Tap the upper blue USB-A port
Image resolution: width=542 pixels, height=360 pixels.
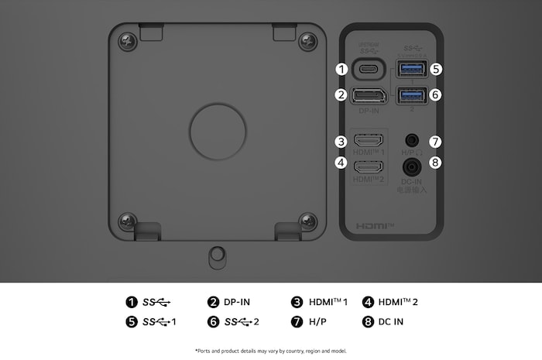tap(410, 69)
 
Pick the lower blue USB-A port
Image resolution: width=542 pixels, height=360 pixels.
tap(410, 95)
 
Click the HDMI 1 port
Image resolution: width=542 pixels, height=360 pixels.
tap(369, 142)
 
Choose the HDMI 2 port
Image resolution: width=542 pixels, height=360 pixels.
tap(369, 164)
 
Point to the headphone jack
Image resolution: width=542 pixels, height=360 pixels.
tap(411, 142)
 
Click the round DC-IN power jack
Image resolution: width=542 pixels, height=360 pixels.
tap(411, 165)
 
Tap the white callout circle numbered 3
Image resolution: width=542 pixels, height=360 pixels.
tap(341, 142)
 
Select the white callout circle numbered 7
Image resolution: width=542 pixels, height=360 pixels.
tap(435, 142)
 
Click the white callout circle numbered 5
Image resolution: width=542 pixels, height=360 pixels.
tap(436, 69)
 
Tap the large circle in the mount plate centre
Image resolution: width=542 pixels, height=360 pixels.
tap(214, 125)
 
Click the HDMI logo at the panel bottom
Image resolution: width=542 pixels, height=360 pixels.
tap(375, 226)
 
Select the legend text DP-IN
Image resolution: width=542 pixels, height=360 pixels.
tap(237, 302)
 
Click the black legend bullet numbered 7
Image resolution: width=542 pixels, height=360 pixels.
tap(297, 321)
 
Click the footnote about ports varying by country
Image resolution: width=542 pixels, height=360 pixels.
tap(271, 350)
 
